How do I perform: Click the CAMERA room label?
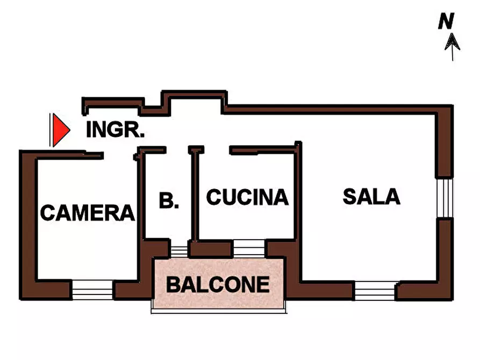87,213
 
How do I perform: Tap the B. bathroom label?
169,201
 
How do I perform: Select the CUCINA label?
247,197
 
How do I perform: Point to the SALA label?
371,197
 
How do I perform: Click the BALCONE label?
218,284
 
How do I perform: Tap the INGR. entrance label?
115,130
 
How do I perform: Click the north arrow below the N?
452,46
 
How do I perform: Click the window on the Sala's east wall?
444,197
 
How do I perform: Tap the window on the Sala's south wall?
375,290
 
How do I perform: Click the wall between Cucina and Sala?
297,193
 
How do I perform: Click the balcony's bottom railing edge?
218,310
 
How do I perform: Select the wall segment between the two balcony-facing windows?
211,249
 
